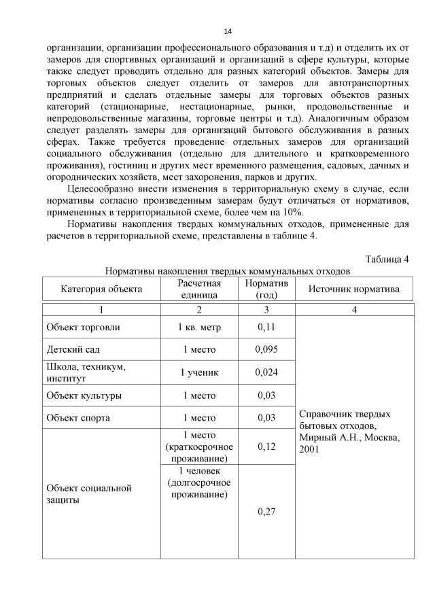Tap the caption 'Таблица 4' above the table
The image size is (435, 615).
pos(387,259)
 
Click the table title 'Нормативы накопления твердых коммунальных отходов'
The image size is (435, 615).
pos(228,270)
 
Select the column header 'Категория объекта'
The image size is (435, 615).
pos(101,289)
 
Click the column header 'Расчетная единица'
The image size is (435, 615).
pos(198,289)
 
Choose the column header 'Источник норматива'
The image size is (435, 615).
pos(354,289)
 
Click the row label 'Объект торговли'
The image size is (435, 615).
pos(83,327)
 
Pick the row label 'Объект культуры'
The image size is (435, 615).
pos(84,396)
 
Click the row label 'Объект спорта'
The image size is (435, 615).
pos(78,418)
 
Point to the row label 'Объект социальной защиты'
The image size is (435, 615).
pos(88,494)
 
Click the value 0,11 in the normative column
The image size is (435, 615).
pos(266,327)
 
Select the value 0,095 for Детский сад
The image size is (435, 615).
pos(266,349)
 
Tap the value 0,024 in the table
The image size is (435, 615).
pos(266,372)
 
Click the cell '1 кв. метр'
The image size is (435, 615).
pos(198,327)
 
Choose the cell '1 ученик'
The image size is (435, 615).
pos(198,372)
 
